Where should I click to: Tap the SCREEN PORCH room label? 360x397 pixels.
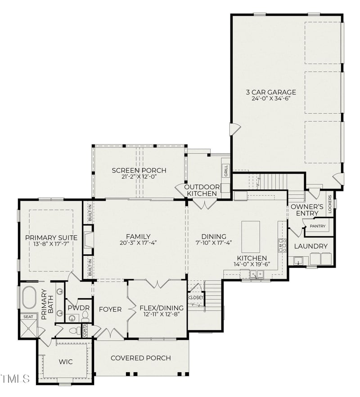pos(139,170)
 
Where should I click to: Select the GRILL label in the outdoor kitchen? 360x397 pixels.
pos(225,170)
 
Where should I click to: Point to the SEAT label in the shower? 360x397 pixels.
pos(28,317)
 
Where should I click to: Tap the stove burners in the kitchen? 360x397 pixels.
pos(283,245)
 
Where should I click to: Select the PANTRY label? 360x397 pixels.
pos(319,226)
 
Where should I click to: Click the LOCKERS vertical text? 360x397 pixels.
pos(330,204)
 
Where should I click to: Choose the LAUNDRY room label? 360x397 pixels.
pos(310,246)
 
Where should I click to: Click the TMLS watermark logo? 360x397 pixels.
pos(15,378)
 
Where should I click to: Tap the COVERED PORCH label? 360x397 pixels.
pos(140,358)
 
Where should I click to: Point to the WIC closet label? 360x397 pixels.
pos(65,361)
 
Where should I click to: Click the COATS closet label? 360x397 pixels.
pos(85,330)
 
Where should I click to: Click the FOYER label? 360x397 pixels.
pos(110,309)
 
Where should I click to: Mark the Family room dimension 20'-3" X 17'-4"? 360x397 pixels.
pos(138,243)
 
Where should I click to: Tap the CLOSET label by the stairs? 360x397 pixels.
pos(196,297)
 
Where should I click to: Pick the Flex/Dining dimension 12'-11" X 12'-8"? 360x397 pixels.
pos(157,315)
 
